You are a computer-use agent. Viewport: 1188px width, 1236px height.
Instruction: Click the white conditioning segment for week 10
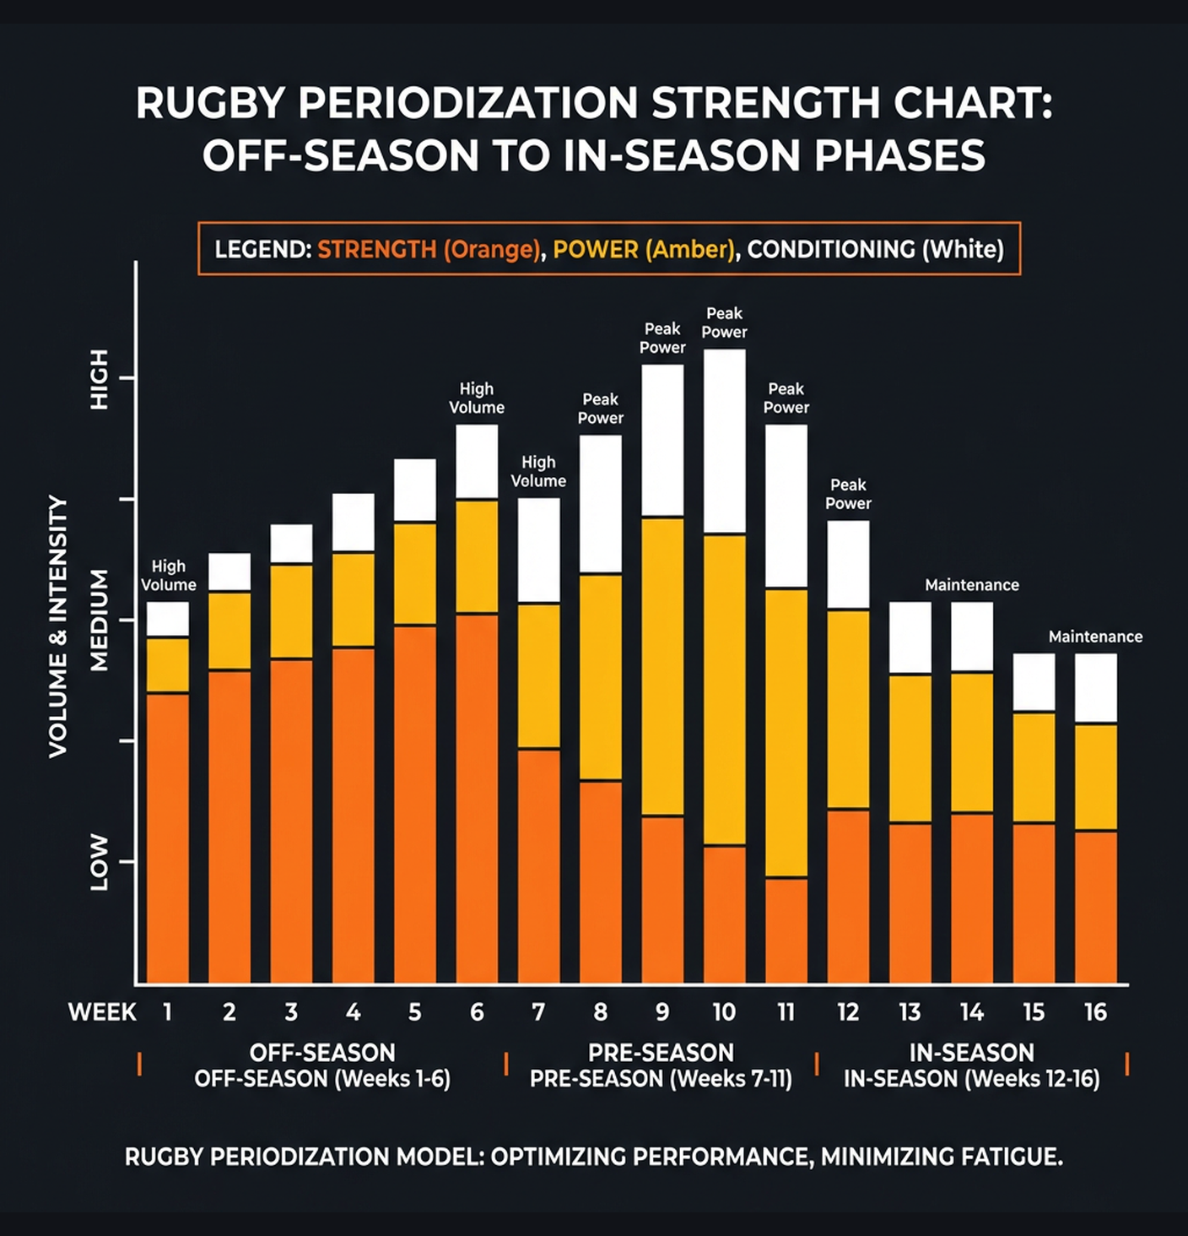724,441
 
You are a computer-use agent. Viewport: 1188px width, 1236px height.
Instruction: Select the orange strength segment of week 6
477,798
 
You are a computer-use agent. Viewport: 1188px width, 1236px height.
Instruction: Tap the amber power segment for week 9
662,665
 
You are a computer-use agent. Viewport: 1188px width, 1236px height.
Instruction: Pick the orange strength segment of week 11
786,930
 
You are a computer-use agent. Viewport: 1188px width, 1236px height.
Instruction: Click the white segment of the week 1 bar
168,619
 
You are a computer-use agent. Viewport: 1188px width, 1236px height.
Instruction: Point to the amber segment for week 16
1095,777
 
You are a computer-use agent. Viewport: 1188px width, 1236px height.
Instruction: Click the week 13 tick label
910,1012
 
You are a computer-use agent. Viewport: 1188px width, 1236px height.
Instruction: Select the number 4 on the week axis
353,1012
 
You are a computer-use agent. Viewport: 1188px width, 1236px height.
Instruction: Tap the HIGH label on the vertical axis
100,379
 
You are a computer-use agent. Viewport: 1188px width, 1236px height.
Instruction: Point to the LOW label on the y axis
100,862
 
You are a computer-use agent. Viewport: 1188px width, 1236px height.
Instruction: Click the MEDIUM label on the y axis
100,621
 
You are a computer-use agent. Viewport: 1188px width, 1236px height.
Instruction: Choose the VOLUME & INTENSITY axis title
57,626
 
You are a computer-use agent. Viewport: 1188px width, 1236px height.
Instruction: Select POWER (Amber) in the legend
644,250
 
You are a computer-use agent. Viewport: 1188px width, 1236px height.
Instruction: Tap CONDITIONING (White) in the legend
875,250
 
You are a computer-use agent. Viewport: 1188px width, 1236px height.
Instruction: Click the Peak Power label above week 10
724,323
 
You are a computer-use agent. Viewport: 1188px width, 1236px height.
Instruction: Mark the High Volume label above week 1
168,575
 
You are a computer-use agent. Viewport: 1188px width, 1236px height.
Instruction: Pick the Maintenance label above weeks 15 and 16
1095,637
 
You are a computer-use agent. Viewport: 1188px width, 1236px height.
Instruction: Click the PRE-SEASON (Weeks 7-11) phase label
661,1079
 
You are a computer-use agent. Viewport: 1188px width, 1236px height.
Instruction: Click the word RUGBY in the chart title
211,104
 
